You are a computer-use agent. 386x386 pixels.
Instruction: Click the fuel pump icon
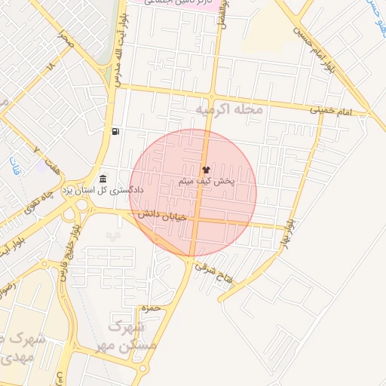(x=115, y=132)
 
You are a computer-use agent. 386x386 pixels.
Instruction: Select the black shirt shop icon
(x=207, y=170)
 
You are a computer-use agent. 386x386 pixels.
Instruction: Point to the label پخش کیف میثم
(x=207, y=182)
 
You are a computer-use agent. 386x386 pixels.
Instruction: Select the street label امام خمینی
(x=331, y=110)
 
